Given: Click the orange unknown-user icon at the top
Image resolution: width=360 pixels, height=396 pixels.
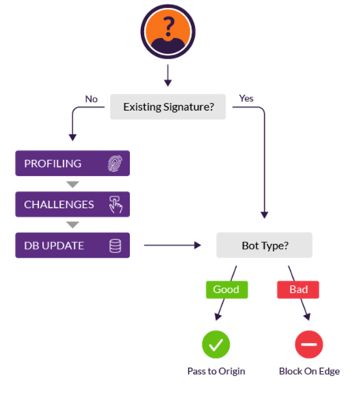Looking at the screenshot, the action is pos(168,31).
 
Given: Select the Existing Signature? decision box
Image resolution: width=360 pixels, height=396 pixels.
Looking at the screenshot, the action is pos(168,107).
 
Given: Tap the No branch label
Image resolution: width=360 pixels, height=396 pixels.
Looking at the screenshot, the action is pos(91,99).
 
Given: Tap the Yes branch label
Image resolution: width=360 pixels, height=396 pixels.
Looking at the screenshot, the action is pos(246,98).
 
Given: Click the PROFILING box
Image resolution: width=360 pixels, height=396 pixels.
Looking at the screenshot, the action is pos(72,163).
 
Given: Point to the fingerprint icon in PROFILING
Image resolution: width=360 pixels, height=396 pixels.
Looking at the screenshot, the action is pos(115,163).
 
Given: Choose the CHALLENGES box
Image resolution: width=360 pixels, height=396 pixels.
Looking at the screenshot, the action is pos(72,204).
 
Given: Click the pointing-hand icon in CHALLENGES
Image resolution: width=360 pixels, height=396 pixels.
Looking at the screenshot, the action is pos(115,204).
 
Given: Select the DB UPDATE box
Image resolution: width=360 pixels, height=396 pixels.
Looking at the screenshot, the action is pos(72,246).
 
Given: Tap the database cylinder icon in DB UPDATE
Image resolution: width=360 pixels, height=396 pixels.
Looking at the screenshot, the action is pos(115,246).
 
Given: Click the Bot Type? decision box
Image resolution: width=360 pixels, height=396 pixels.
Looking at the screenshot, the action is pos(264,245).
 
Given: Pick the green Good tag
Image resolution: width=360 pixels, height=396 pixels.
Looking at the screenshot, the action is pos(227,289).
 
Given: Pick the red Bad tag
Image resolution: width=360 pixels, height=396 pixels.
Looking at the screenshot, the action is pos(298,289).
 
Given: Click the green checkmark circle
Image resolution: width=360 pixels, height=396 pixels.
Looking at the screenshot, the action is pos(216,345).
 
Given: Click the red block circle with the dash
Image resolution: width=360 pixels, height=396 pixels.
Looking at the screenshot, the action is pos(309,345).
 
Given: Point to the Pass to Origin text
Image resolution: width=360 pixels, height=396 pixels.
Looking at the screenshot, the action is pos(216,371).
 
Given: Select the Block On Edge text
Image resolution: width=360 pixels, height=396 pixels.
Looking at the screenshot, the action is pos(309,371).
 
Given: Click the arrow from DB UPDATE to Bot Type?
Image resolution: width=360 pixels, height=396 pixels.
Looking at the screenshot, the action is pos(172,245).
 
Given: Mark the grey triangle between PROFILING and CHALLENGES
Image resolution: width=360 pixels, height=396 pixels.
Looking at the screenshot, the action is pos(72,184).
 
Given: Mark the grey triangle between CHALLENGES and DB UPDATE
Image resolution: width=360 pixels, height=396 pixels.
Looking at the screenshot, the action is pos(72,225).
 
